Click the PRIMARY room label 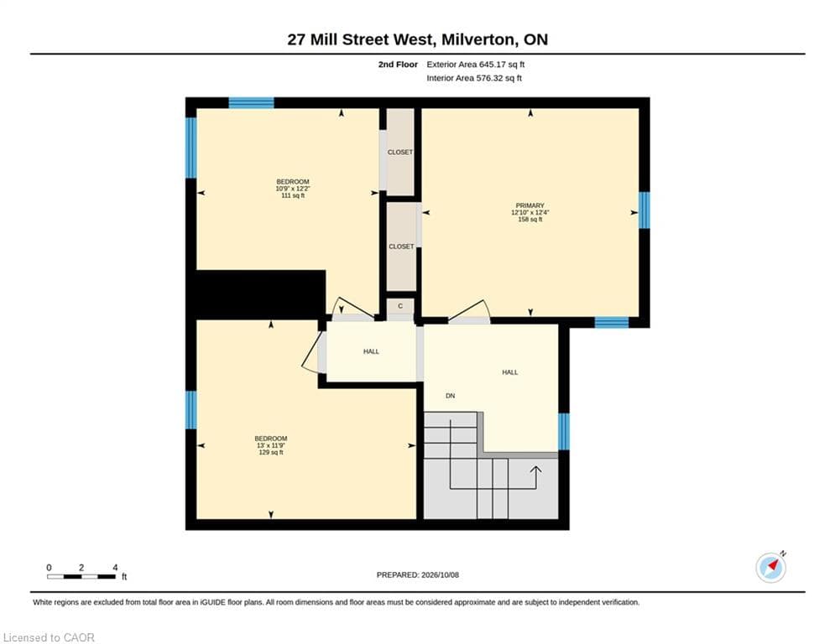[x=530, y=205]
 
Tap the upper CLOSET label [x=400, y=153]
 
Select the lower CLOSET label [x=401, y=247]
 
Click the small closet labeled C [x=400, y=306]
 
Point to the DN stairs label [x=451, y=396]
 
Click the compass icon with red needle [x=770, y=568]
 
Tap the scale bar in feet [x=81, y=576]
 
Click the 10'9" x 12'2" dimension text [x=292, y=189]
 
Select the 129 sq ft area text [x=271, y=453]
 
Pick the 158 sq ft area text [x=530, y=220]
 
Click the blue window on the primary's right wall [x=644, y=210]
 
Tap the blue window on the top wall [x=252, y=102]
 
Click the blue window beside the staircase [x=563, y=432]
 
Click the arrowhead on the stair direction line [x=535, y=470]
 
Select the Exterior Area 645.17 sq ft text [x=476, y=65]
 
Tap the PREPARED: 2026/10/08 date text [x=418, y=574]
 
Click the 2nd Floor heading [x=398, y=65]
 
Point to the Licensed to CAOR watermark [x=49, y=637]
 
